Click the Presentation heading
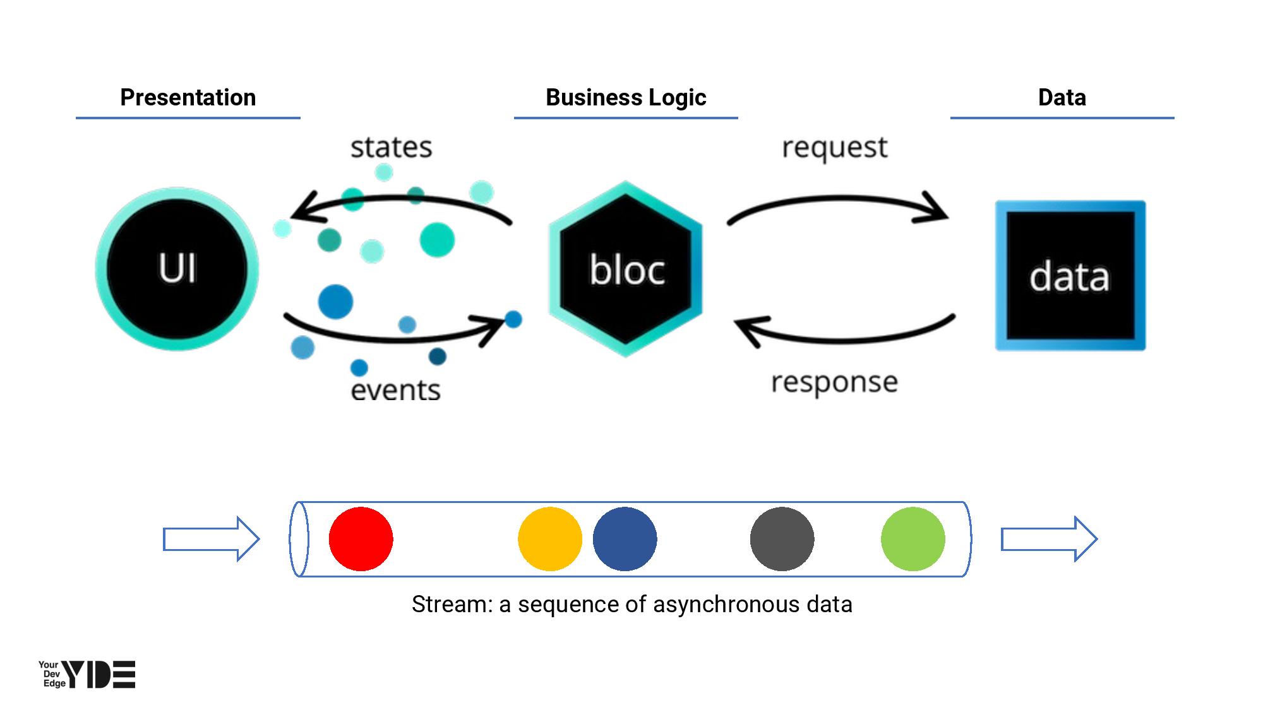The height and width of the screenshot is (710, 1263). [x=188, y=98]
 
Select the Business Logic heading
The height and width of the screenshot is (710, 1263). [x=625, y=98]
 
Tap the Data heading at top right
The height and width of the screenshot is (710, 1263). [x=1062, y=98]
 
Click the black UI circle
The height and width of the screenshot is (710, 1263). [x=177, y=269]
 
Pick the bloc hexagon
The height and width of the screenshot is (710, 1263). [x=626, y=269]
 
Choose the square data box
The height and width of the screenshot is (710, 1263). [x=1070, y=276]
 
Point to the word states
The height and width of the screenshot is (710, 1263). [x=391, y=148]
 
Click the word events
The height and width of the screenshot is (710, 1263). [x=395, y=389]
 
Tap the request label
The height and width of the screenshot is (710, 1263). [x=834, y=148]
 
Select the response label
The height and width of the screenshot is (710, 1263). [x=834, y=382]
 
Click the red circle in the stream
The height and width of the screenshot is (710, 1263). [x=361, y=539]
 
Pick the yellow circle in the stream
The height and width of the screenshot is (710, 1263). [x=549, y=539]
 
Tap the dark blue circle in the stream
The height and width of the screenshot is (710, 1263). [x=625, y=539]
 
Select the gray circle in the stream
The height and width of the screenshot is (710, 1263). [x=782, y=539]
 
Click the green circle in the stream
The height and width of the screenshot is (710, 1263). [x=913, y=539]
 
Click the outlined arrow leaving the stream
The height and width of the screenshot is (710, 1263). [x=1049, y=539]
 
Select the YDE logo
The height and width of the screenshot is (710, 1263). [x=87, y=675]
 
